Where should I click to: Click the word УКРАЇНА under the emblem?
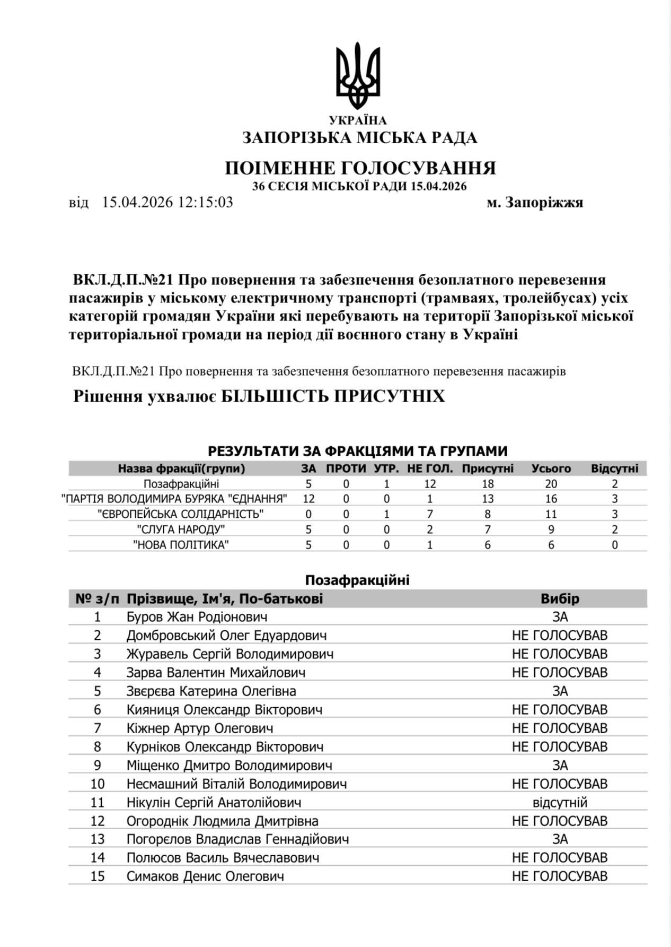[x=358, y=121]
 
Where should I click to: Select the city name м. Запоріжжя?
[x=535, y=203]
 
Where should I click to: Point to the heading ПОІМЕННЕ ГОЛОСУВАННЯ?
[x=360, y=168]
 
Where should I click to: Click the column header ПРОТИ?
[x=346, y=468]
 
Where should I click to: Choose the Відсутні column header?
[x=614, y=468]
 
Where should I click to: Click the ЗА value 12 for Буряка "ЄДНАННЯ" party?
[x=308, y=499]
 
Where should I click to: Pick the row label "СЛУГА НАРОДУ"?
[x=181, y=529]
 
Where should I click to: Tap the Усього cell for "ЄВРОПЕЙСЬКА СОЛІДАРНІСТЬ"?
[x=551, y=514]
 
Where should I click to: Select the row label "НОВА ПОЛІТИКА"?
[x=181, y=545]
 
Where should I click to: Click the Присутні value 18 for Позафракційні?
[x=488, y=484]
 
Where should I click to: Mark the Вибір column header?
[x=560, y=599]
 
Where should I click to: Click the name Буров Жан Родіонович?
[x=197, y=617]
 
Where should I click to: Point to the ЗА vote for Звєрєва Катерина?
[x=560, y=691]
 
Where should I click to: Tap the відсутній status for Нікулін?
[x=560, y=803]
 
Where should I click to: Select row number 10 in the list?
[x=98, y=784]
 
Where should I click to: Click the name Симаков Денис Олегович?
[x=205, y=876]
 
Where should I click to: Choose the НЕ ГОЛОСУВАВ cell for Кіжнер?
[x=560, y=728]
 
